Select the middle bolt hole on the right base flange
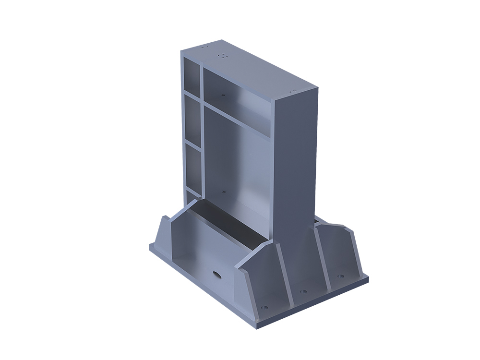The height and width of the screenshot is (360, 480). tap(303, 291)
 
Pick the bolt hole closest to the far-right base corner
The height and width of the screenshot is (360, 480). tap(340, 276)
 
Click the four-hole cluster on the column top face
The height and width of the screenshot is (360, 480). tap(222, 55)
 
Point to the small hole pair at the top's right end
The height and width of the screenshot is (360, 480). tap(291, 90)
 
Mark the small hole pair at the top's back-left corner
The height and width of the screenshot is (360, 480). tap(205, 47)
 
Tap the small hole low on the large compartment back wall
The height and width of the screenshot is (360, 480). tap(224, 192)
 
